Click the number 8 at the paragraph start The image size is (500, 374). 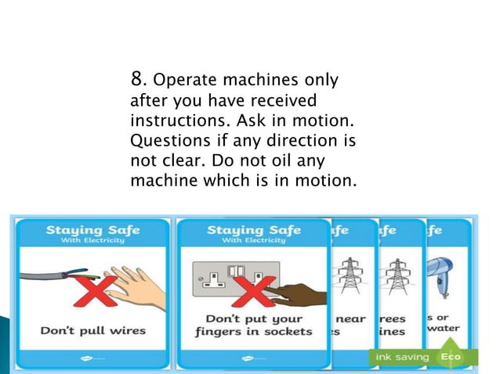click(x=137, y=78)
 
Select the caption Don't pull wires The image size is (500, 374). click(x=93, y=330)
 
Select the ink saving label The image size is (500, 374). click(x=400, y=357)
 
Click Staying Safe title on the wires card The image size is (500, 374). click(x=92, y=230)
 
